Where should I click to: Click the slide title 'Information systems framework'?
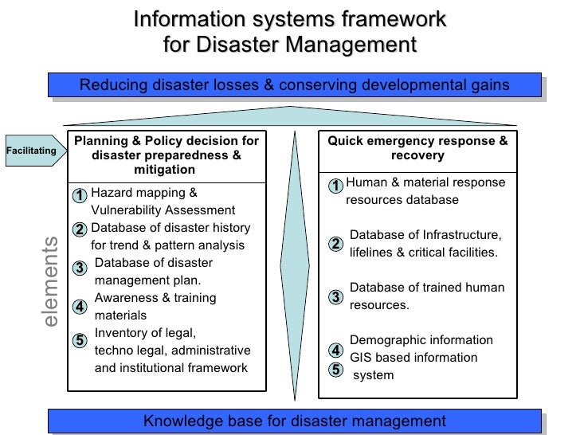pyautogui.click(x=289, y=18)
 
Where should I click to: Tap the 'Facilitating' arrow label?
pyautogui.click(x=31, y=150)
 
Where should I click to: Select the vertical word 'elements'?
pyautogui.click(x=50, y=281)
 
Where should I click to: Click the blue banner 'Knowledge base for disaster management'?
pyautogui.click(x=295, y=421)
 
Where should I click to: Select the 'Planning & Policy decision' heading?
pyautogui.click(x=167, y=155)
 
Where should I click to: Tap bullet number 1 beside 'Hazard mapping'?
pyautogui.click(x=80, y=195)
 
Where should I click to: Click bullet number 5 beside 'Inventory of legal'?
pyautogui.click(x=80, y=340)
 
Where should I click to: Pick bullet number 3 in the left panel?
pyautogui.click(x=80, y=268)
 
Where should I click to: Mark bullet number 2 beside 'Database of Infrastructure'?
pyautogui.click(x=336, y=243)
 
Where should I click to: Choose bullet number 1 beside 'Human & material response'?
pyautogui.click(x=336, y=186)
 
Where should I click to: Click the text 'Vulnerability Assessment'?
pyautogui.click(x=163, y=210)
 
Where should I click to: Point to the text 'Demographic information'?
pyautogui.click(x=421, y=340)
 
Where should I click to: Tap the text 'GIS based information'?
pyautogui.click(x=413, y=358)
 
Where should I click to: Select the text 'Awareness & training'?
pyautogui.click(x=155, y=298)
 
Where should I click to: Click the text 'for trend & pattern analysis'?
pyautogui.click(x=168, y=245)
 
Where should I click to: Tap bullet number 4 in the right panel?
pyautogui.click(x=336, y=351)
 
